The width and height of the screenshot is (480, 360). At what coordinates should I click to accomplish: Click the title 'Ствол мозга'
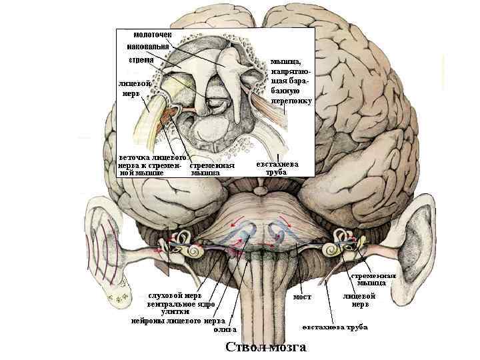(265, 347)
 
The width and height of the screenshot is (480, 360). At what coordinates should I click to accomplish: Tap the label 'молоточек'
(151, 35)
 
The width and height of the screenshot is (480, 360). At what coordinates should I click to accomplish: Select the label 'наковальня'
(148, 47)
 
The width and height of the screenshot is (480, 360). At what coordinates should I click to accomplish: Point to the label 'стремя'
(141, 60)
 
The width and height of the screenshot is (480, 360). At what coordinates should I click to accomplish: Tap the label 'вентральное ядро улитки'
(181, 307)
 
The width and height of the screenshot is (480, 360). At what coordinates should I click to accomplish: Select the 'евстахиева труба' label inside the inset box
(277, 167)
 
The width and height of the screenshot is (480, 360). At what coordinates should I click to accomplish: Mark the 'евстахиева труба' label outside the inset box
(334, 327)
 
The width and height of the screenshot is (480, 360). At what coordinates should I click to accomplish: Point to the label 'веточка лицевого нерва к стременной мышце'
(151, 164)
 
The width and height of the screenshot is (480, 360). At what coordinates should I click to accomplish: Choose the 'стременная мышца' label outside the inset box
(373, 279)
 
